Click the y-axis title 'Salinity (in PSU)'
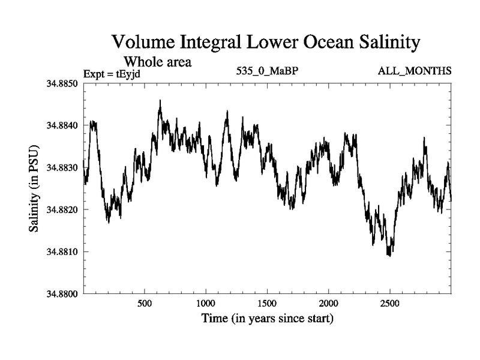(34, 188)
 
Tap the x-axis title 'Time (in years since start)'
(266, 319)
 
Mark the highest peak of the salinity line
(160, 101)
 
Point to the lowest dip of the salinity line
(389, 256)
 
